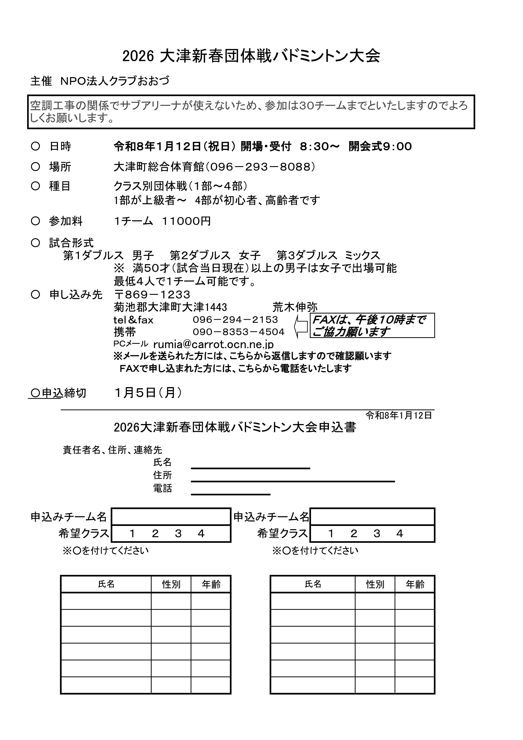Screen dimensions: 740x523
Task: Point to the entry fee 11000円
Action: [186, 221]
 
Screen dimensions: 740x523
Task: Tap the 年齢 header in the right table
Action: [415, 584]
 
